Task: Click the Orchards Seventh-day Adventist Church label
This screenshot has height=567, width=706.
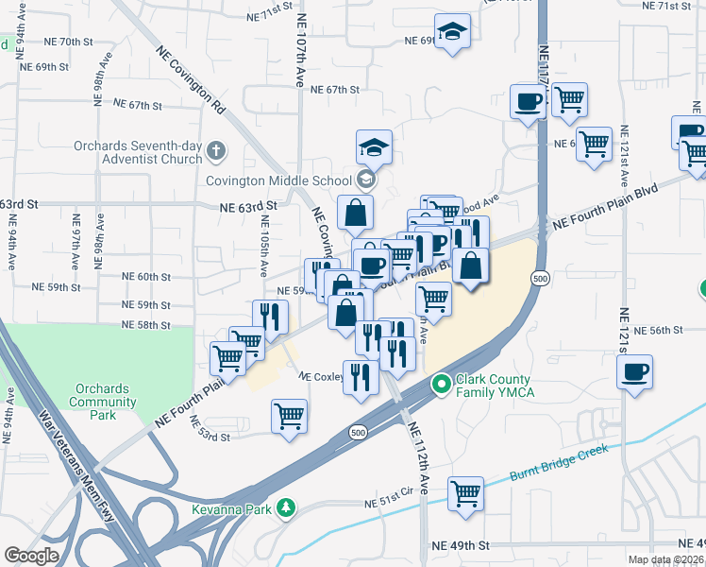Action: [x=138, y=152]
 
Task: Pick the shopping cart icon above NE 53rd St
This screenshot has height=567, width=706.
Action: [x=289, y=416]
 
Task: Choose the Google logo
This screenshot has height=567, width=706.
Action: [x=31, y=556]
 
